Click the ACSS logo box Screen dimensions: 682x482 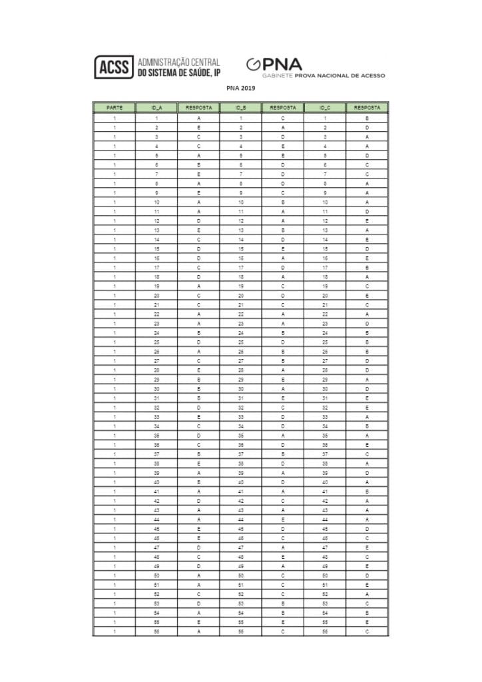[x=114, y=67]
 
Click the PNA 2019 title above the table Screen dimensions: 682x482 [x=240, y=87]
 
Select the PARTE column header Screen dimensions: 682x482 [x=114, y=107]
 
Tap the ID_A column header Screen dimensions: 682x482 [x=156, y=107]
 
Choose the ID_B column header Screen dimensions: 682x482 [x=240, y=107]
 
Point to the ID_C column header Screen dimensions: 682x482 [x=325, y=107]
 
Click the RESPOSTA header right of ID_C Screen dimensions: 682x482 [x=367, y=107]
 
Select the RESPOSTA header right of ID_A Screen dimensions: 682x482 [x=198, y=107]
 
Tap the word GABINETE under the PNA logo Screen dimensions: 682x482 [x=277, y=76]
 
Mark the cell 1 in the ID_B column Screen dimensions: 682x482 [x=240, y=117]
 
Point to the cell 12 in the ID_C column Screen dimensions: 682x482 [x=325, y=220]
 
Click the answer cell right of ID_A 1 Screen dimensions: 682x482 [x=198, y=117]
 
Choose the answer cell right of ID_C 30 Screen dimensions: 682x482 [x=367, y=388]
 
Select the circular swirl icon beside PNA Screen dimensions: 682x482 [x=253, y=65]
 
